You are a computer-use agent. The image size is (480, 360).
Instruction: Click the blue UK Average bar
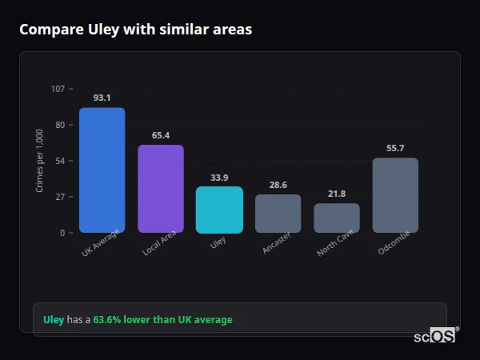tap(102, 170)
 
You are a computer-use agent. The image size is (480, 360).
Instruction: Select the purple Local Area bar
tap(161, 189)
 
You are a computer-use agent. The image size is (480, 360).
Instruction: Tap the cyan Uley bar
tap(219, 210)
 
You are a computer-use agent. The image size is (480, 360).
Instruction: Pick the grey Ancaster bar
tap(278, 214)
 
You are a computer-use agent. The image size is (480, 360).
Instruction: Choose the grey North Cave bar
tap(337, 218)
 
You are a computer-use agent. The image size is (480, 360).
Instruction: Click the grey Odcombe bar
tap(395, 195)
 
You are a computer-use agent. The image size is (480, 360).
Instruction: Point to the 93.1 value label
tap(102, 98)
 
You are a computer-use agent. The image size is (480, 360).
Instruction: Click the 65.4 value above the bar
tap(161, 135)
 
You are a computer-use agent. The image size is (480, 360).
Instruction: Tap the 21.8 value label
tap(337, 194)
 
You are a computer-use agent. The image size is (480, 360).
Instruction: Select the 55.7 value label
tap(395, 148)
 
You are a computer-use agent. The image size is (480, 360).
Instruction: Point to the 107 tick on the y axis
tap(58, 88)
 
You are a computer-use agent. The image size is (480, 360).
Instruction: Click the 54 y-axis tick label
tap(59, 161)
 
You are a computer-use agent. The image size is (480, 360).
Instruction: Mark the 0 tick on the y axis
tap(62, 233)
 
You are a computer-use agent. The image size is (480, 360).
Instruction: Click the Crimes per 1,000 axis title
tap(40, 160)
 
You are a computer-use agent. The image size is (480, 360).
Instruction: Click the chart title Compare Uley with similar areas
tap(135, 30)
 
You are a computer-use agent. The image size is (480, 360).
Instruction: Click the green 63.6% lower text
tap(123, 320)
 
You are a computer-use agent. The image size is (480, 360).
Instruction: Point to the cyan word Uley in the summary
tap(54, 320)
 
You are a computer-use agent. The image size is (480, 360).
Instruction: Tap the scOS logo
tap(434, 336)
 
